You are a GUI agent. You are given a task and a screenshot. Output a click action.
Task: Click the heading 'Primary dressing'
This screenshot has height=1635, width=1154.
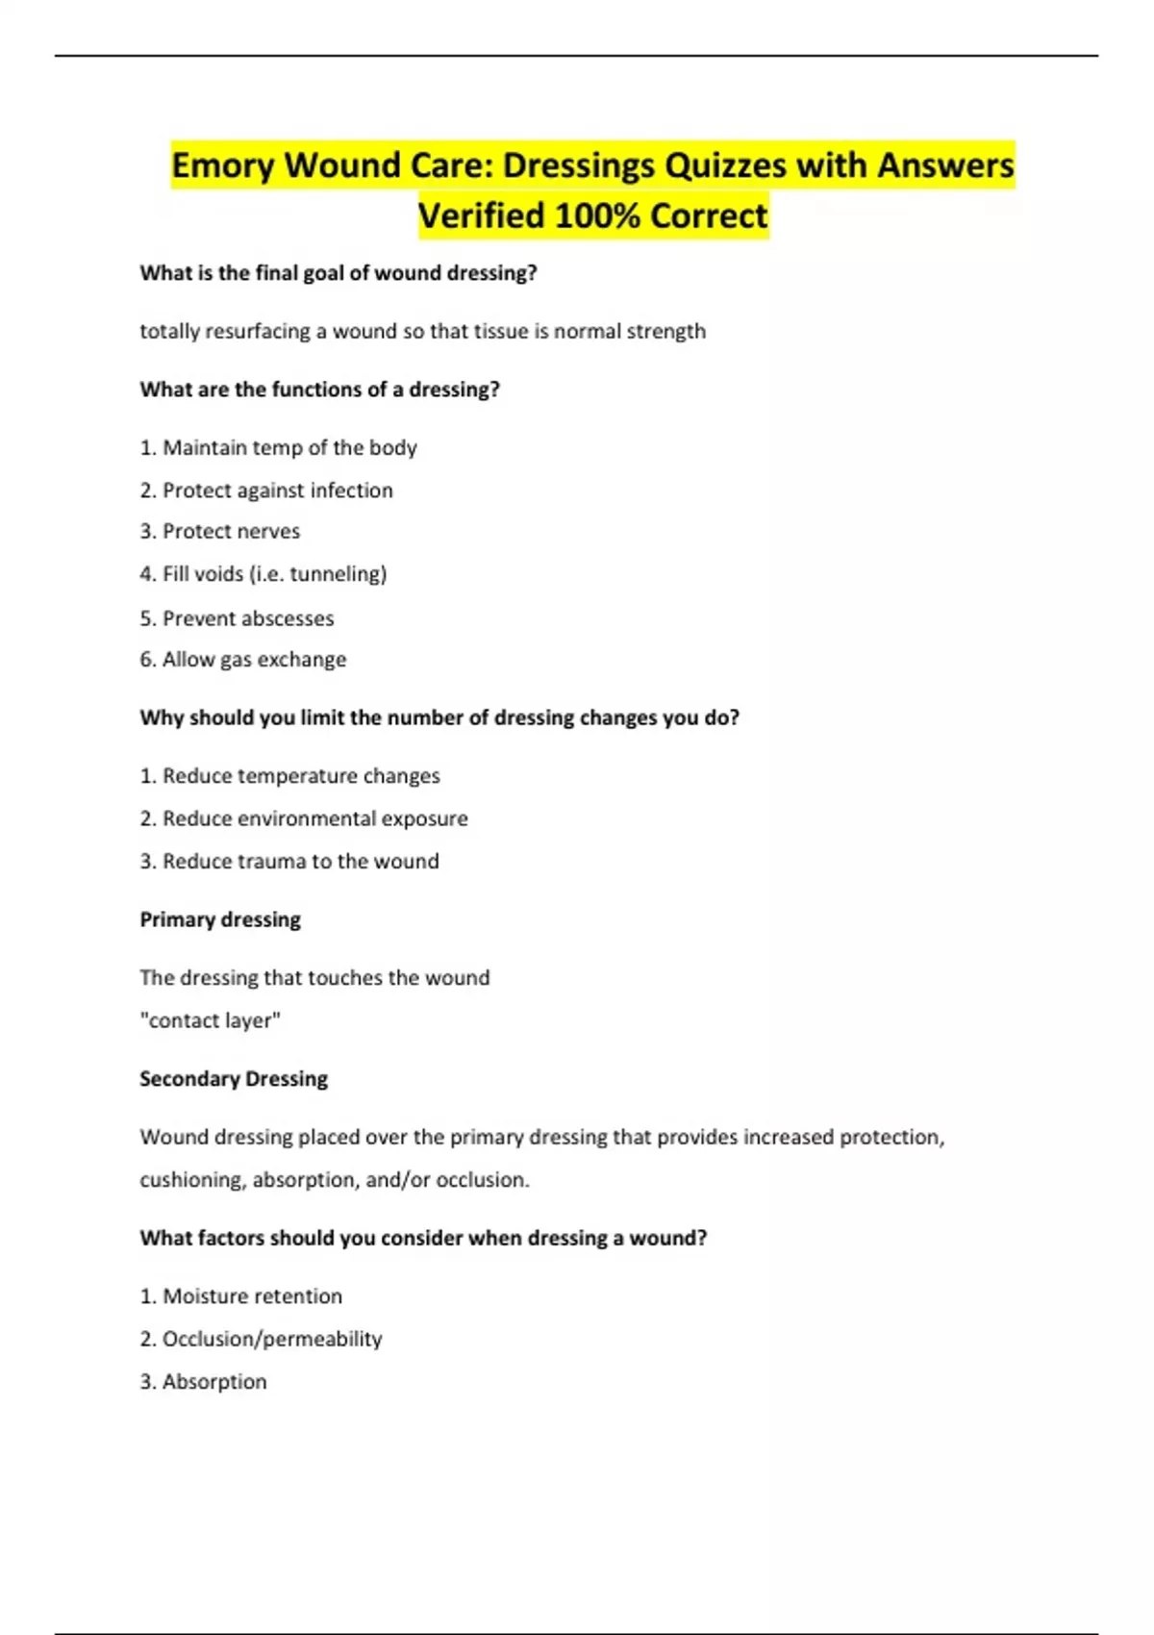[x=220, y=919]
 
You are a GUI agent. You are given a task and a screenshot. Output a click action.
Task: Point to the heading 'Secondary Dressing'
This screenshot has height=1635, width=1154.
[x=234, y=1079]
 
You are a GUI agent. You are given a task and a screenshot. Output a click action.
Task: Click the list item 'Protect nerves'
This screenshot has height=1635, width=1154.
[x=220, y=532]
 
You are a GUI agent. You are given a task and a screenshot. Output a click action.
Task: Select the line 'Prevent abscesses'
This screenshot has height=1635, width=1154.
[x=238, y=618]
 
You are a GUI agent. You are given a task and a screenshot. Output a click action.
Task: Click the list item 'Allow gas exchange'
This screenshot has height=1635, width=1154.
[x=243, y=660]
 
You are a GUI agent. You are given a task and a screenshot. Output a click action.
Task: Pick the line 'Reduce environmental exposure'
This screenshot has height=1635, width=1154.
[x=304, y=818]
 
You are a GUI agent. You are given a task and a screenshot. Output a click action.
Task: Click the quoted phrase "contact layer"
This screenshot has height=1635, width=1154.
[x=211, y=1020]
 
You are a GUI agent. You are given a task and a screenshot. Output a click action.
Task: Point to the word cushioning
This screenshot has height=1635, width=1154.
[x=191, y=1180]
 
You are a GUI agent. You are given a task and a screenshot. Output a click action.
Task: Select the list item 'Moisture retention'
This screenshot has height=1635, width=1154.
[x=241, y=1296]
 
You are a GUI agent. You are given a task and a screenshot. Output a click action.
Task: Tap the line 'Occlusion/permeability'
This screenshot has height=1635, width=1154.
[x=262, y=1339]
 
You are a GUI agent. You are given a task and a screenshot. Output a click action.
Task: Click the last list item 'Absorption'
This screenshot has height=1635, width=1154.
[x=204, y=1382]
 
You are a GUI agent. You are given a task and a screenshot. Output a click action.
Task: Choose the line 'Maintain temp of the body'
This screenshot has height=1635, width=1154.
[x=279, y=448]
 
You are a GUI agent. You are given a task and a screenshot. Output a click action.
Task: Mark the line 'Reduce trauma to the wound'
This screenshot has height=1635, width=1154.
[x=289, y=862]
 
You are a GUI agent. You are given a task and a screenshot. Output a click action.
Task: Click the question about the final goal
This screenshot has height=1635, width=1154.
[x=339, y=273]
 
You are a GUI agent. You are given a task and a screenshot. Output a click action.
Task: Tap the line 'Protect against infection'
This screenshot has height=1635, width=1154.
[x=266, y=490]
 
